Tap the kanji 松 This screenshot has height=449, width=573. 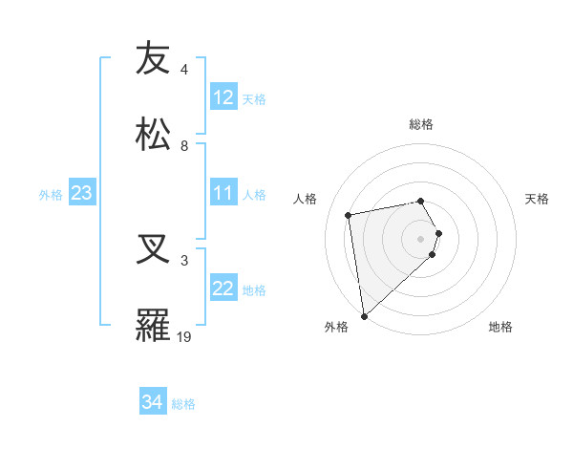153,134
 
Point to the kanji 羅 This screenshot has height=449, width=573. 153,325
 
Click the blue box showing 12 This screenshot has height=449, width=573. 223,97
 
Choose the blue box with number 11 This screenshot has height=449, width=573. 223,193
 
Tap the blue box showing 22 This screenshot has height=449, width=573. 223,289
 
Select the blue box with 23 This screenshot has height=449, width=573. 82,193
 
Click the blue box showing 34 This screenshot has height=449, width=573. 153,402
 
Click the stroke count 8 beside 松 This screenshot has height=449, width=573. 184,145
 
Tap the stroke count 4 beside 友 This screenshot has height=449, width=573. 184,69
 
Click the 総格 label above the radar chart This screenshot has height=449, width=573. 421,124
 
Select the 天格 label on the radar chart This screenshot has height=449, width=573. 538,199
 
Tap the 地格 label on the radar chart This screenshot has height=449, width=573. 500,327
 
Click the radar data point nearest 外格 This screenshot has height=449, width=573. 364,315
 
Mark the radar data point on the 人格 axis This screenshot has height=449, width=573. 349,213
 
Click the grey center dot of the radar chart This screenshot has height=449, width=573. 421,237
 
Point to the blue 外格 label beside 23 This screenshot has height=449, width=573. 51,194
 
